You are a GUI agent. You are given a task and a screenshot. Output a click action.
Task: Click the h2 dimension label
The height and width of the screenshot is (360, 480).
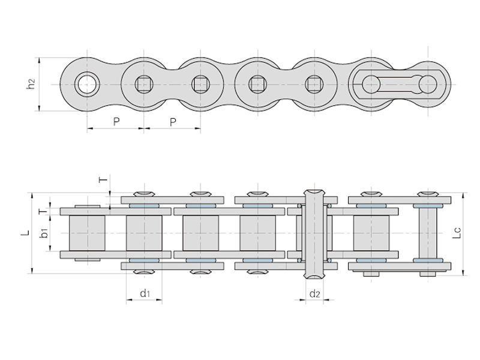click(x=32, y=85)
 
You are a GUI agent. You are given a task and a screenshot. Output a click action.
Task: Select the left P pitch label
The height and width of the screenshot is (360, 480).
click(x=116, y=122)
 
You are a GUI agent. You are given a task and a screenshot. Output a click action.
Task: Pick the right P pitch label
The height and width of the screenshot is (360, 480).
click(x=173, y=122)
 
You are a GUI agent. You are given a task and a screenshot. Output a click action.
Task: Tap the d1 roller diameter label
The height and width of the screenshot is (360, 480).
click(x=144, y=293)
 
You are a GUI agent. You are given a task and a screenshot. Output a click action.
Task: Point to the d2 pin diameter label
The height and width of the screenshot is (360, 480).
click(x=314, y=293)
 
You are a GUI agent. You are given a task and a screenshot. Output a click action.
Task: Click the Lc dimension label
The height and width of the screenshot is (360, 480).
click(x=457, y=233)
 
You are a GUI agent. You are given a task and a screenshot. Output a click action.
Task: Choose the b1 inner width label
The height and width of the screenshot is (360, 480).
click(x=44, y=233)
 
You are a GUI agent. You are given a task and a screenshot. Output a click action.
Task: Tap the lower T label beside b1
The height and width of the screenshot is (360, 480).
click(x=41, y=211)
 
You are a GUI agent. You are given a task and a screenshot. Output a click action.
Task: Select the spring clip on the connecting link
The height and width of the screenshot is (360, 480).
click(x=399, y=83)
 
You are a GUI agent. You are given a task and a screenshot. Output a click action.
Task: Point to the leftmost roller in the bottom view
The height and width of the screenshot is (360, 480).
click(x=87, y=233)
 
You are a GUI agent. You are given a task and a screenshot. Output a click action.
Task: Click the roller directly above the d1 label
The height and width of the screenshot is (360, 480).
click(x=144, y=233)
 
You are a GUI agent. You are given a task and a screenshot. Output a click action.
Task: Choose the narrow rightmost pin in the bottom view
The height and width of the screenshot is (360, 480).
click(x=428, y=233)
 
